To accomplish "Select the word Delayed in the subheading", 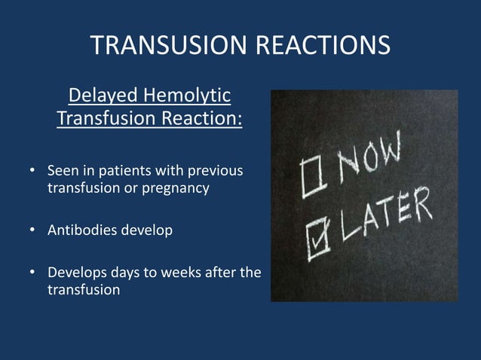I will [103, 96].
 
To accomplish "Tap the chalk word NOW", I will [369, 163].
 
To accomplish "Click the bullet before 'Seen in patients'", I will [33, 171].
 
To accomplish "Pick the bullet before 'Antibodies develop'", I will [33, 230].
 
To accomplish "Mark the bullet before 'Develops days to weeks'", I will [33, 272].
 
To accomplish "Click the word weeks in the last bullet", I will [177, 272].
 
